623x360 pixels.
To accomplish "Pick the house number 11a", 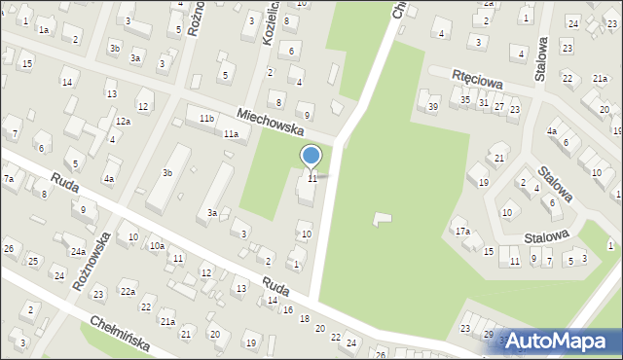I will coord(231,134).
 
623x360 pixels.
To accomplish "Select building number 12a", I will coord(123,122).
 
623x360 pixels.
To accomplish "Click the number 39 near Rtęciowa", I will coord(433,106).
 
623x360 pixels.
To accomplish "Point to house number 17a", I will coord(462,232).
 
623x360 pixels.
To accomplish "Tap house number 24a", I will coord(77,252).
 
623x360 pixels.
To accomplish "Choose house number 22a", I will coord(128,292).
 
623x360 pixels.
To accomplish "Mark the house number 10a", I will coord(157,246).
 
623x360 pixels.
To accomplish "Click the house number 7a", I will coord(8,179).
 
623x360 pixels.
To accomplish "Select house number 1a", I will coord(44,29).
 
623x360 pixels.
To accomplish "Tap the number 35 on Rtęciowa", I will coord(466,100).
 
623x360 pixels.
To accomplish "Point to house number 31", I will coord(483,102).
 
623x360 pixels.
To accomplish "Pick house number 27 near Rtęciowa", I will coord(498,105).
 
